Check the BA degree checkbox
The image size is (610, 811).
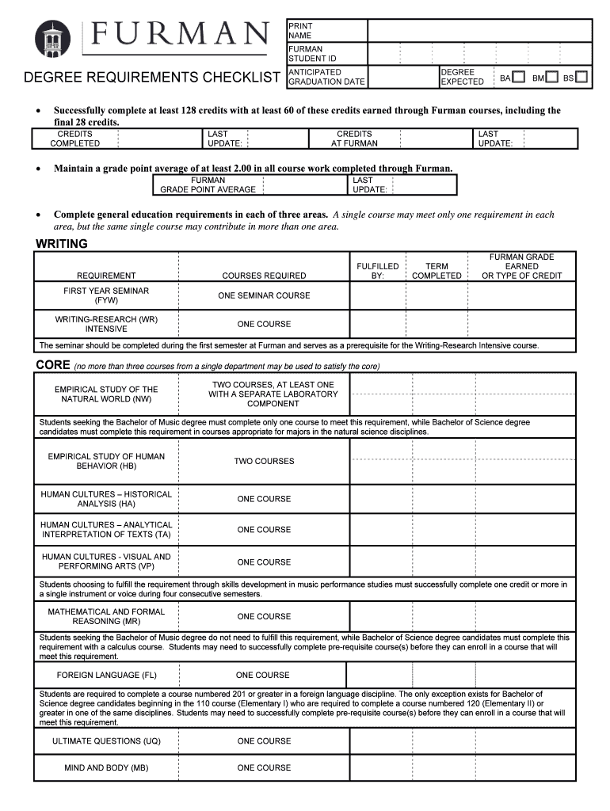(x=518, y=78)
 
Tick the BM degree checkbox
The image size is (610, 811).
(x=551, y=78)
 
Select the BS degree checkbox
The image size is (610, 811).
(x=581, y=78)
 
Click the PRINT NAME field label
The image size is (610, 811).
(x=300, y=31)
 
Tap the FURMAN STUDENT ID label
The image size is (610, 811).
(x=306, y=54)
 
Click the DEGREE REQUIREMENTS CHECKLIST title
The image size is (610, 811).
(x=151, y=78)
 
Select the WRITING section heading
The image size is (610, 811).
(x=62, y=244)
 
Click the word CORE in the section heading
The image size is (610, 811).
(x=52, y=365)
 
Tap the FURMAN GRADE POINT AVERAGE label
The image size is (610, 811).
(x=208, y=185)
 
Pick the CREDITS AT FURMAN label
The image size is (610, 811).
(x=354, y=139)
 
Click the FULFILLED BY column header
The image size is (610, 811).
(x=378, y=271)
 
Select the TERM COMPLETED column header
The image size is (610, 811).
(x=437, y=271)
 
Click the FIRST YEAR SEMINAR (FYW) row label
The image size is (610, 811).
(x=106, y=295)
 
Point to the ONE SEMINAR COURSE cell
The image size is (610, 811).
(x=264, y=295)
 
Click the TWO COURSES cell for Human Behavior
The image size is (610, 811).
(x=264, y=461)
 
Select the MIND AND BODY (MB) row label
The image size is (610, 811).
(x=106, y=767)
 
